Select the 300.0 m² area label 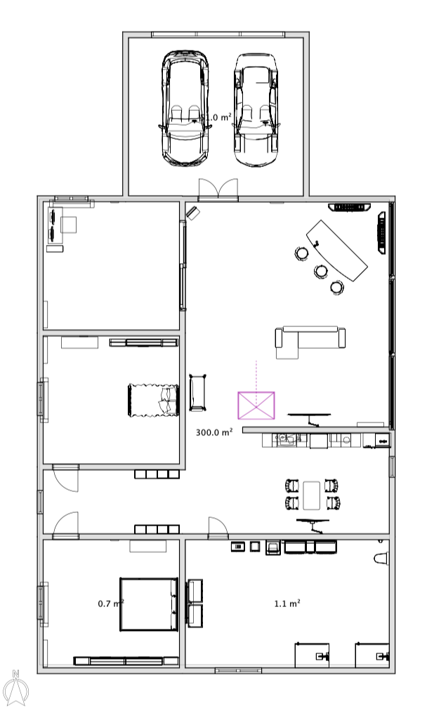214,433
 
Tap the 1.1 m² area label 287,603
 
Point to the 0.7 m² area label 110,603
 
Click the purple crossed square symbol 256,406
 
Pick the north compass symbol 15,688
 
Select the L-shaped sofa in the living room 309,340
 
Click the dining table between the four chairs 313,493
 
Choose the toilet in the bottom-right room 381,558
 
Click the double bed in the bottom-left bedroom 148,603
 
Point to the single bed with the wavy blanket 152,400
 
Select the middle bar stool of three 321,270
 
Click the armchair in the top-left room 68,225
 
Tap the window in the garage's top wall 218,34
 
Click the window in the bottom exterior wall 238,671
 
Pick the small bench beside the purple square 198,392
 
